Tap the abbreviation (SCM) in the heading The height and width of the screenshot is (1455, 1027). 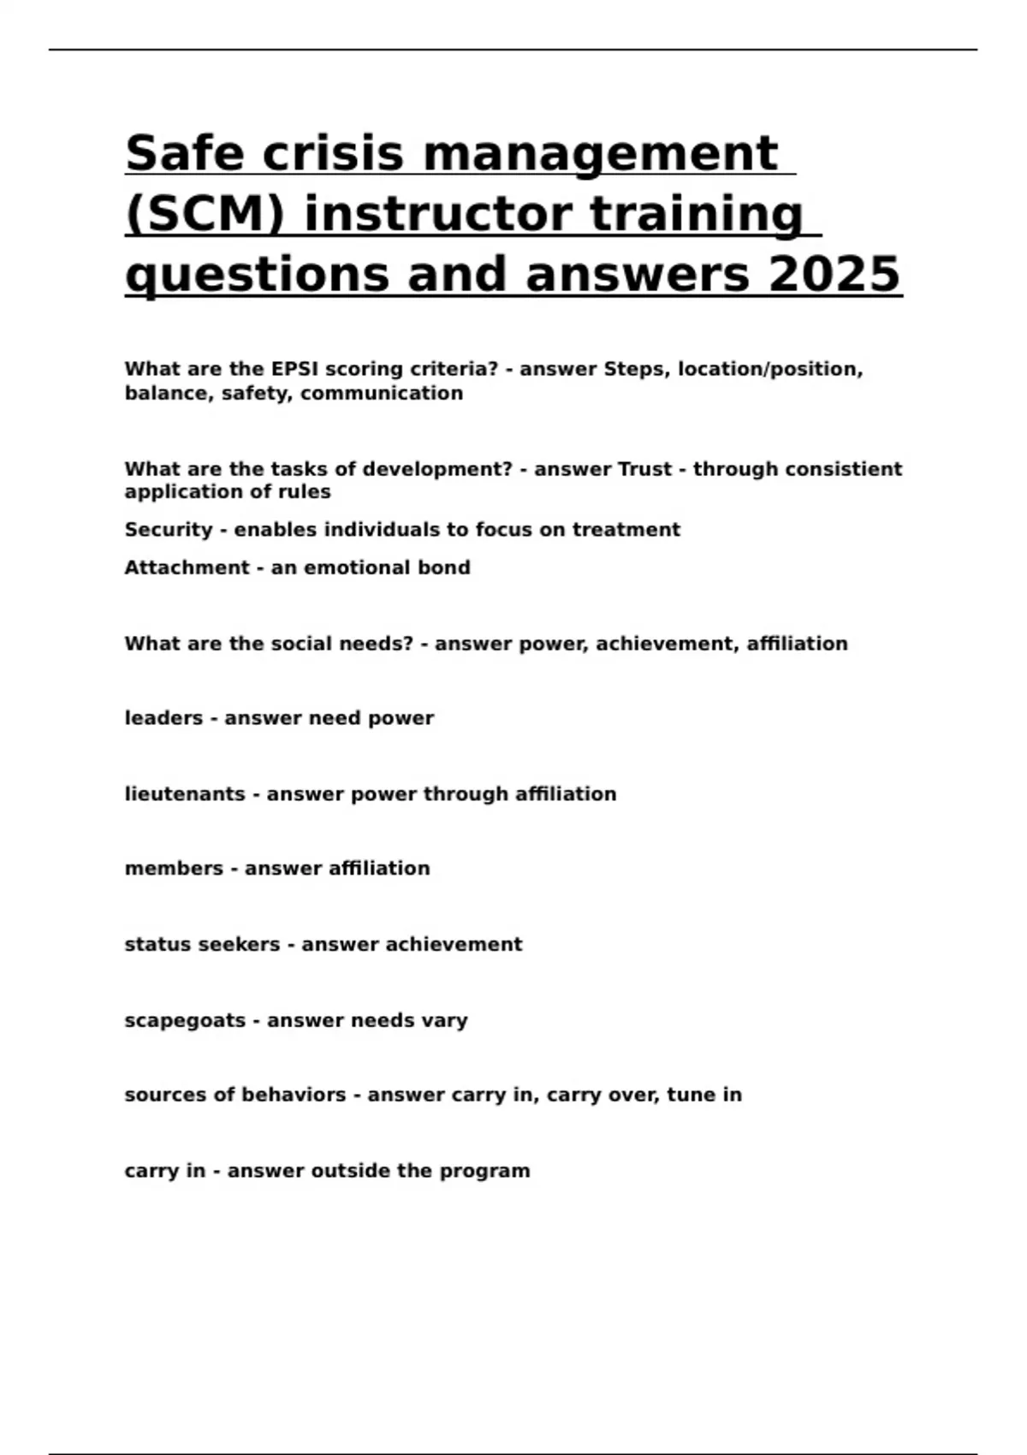(x=205, y=214)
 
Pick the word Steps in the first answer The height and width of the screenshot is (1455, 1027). (x=637, y=369)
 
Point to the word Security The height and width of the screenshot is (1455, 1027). (x=168, y=530)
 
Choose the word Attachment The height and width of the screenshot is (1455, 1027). (x=187, y=567)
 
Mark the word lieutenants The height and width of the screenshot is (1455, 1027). (x=185, y=794)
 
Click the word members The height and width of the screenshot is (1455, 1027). (x=174, y=869)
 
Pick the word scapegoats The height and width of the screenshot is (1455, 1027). (x=185, y=1020)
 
